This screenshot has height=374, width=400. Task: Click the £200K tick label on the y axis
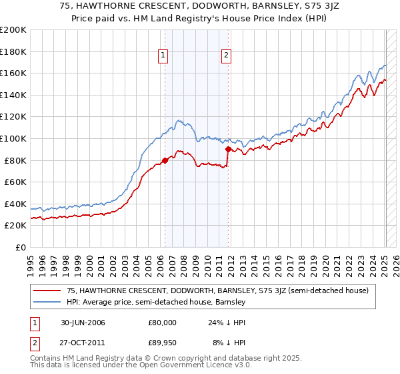click(13, 30)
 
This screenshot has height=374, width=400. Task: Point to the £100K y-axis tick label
click(13, 138)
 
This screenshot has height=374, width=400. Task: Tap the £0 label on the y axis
click(21, 247)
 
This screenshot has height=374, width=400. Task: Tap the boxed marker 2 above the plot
click(227, 56)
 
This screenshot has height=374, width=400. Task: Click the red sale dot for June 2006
click(165, 160)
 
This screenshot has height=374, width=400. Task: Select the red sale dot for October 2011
click(228, 150)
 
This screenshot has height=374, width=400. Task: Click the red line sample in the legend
click(47, 291)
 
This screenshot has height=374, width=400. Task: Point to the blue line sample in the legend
click(47, 302)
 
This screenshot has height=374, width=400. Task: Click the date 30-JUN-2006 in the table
click(86, 323)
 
